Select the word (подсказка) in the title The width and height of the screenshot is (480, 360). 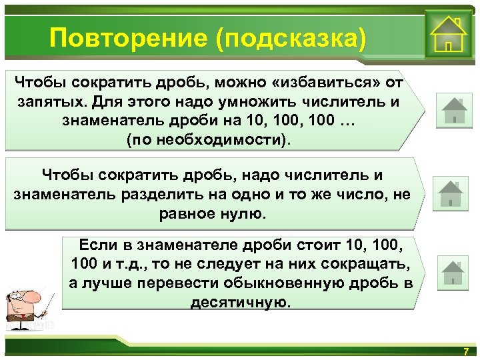click(x=291, y=38)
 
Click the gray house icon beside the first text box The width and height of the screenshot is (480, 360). click(x=454, y=109)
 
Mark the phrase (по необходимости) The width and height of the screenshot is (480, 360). click(x=209, y=140)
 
